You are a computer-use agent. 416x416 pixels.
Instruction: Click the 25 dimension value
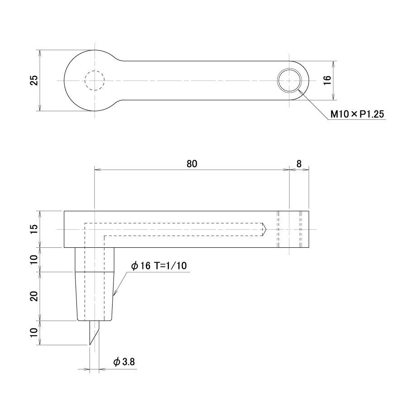pyautogui.click(x=34, y=80)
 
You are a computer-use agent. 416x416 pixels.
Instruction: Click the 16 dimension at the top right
pyautogui.click(x=327, y=80)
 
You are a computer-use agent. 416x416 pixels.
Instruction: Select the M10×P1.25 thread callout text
pyautogui.click(x=357, y=114)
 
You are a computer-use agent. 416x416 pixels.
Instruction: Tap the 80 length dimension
pyautogui.click(x=192, y=164)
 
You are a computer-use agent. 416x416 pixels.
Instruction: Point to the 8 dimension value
pyautogui.click(x=299, y=164)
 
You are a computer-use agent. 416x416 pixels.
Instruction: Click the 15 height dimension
pyautogui.click(x=34, y=229)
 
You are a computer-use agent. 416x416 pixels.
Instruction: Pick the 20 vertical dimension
pyautogui.click(x=34, y=296)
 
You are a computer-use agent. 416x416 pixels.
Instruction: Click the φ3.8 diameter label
pyautogui.click(x=124, y=362)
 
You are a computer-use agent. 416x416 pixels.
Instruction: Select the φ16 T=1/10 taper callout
pyautogui.click(x=159, y=265)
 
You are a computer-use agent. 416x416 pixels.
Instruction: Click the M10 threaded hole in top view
pyautogui.click(x=289, y=80)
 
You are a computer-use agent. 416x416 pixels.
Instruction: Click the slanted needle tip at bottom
pyautogui.click(x=94, y=333)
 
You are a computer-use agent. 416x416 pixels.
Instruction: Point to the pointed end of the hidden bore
pyautogui.click(x=266, y=229)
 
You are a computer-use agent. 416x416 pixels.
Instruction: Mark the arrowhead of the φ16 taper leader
pyautogui.click(x=114, y=294)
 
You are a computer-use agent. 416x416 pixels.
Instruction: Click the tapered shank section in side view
pyautogui.click(x=95, y=296)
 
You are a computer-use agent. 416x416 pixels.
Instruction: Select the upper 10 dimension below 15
pyautogui.click(x=34, y=259)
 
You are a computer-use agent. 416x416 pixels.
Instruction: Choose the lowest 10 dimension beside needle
pyautogui.click(x=34, y=332)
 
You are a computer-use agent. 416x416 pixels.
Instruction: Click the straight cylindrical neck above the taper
pyautogui.click(x=95, y=260)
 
